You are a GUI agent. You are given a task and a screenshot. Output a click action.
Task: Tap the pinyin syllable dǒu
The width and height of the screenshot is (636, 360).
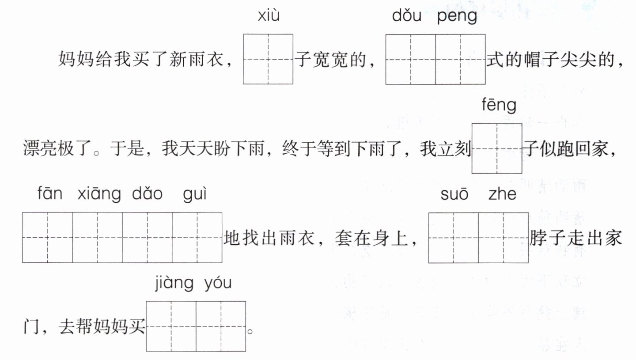pyautogui.click(x=405, y=17)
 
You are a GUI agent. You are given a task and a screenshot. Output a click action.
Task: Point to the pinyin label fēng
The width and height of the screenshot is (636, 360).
pyautogui.click(x=497, y=106)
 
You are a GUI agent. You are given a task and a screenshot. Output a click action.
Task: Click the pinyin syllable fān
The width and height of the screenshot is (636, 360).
pyautogui.click(x=50, y=194)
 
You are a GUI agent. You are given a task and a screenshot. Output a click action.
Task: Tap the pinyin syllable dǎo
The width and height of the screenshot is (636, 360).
pyautogui.click(x=148, y=194)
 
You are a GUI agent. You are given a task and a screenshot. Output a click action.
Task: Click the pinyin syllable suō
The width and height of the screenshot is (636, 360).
pyautogui.click(x=454, y=194)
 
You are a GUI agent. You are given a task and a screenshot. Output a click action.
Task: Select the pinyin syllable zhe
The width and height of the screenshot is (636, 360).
pyautogui.click(x=503, y=194)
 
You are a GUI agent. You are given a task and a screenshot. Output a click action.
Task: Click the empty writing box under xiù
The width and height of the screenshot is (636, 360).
pyautogui.click(x=268, y=59)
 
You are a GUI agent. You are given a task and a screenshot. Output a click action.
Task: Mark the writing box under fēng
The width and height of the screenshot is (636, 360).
pyautogui.click(x=497, y=148)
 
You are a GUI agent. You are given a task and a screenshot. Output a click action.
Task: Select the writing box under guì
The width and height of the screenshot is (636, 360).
pyautogui.click(x=197, y=238)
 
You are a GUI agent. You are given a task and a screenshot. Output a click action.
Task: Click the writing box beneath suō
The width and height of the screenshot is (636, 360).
pyautogui.click(x=454, y=238)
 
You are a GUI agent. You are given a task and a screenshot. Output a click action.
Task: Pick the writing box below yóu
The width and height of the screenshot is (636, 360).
pyautogui.click(x=221, y=326)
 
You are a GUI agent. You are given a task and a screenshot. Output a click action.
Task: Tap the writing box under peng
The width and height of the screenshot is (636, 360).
pyautogui.click(x=461, y=59)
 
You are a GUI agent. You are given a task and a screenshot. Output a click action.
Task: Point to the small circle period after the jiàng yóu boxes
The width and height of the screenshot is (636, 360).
pyautogui.click(x=251, y=330)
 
